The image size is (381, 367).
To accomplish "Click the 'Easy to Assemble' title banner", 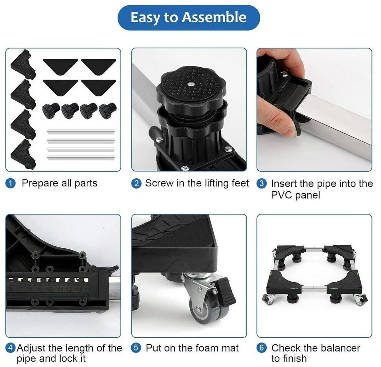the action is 188,18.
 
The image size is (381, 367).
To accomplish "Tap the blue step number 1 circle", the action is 10,183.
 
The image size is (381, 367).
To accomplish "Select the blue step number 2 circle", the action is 136,183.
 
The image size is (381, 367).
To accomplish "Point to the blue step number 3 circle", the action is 262,183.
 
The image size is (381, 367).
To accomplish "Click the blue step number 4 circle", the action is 10,348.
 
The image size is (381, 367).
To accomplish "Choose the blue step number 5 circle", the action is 136,348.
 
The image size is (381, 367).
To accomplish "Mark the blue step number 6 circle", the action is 262,348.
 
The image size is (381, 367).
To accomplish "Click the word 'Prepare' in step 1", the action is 40,184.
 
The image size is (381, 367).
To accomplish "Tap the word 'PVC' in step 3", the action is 281,195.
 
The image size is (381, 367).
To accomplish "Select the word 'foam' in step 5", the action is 190,348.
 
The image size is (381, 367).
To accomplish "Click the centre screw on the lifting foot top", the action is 191,84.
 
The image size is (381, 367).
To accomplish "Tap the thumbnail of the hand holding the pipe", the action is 314,110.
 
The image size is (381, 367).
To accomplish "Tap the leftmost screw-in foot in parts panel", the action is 51,111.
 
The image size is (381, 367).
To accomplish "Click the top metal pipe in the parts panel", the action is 81,132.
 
